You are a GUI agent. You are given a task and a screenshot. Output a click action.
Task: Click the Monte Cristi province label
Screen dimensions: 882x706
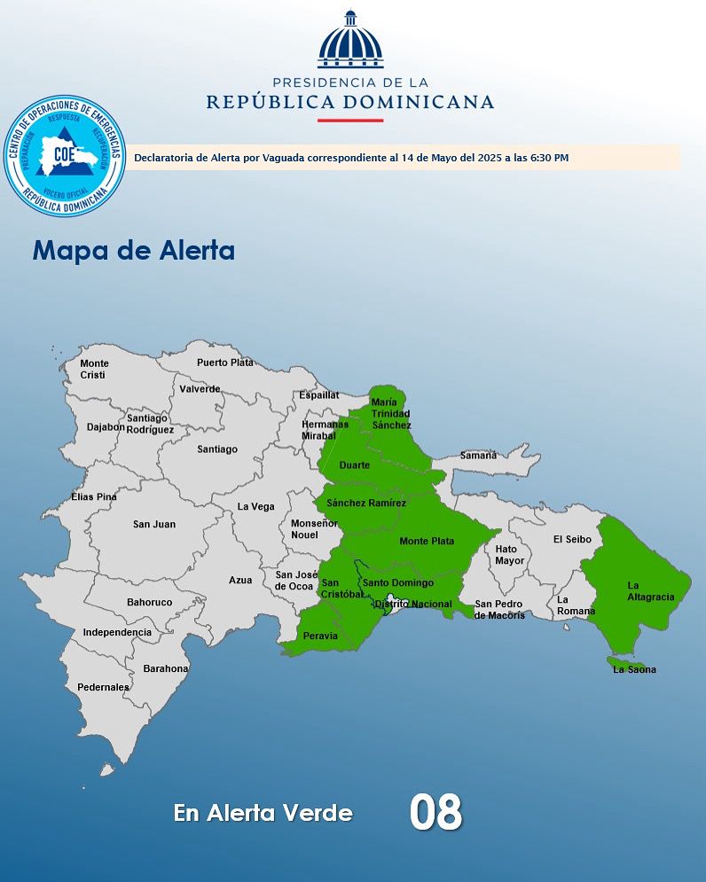(94, 370)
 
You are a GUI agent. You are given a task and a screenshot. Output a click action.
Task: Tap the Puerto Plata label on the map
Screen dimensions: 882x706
(224, 363)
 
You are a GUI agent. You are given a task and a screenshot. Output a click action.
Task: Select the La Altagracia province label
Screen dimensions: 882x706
(650, 591)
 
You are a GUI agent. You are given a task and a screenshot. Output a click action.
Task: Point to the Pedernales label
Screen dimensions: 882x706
(103, 687)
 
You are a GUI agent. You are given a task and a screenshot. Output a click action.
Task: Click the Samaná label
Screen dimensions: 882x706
(478, 456)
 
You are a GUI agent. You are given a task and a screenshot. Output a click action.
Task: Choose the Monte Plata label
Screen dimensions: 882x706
(427, 542)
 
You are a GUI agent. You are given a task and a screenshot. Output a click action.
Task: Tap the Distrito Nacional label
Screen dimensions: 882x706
(412, 605)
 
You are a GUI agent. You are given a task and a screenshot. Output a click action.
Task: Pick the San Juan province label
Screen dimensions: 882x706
(154, 525)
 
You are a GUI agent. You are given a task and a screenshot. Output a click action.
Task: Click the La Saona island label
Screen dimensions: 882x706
(634, 669)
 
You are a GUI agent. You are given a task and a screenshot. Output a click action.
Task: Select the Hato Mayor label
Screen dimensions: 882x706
(510, 555)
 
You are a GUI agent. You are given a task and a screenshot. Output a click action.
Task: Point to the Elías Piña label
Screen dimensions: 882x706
(94, 497)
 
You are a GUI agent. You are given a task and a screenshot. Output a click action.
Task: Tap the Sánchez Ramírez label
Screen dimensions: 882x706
(366, 503)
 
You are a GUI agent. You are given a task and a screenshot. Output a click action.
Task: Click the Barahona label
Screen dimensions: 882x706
(166, 668)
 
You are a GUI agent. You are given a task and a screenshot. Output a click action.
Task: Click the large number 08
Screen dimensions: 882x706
(435, 812)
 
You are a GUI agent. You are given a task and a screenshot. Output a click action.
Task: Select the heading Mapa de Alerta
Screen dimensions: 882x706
(134, 250)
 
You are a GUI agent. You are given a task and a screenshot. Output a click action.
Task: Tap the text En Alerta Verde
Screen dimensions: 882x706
(263, 813)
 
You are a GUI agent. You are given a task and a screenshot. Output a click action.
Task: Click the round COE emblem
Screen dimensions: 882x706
(64, 156)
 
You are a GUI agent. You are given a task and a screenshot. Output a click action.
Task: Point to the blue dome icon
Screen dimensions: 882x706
(350, 41)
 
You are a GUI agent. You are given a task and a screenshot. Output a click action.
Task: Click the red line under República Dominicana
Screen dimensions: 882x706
(350, 120)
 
